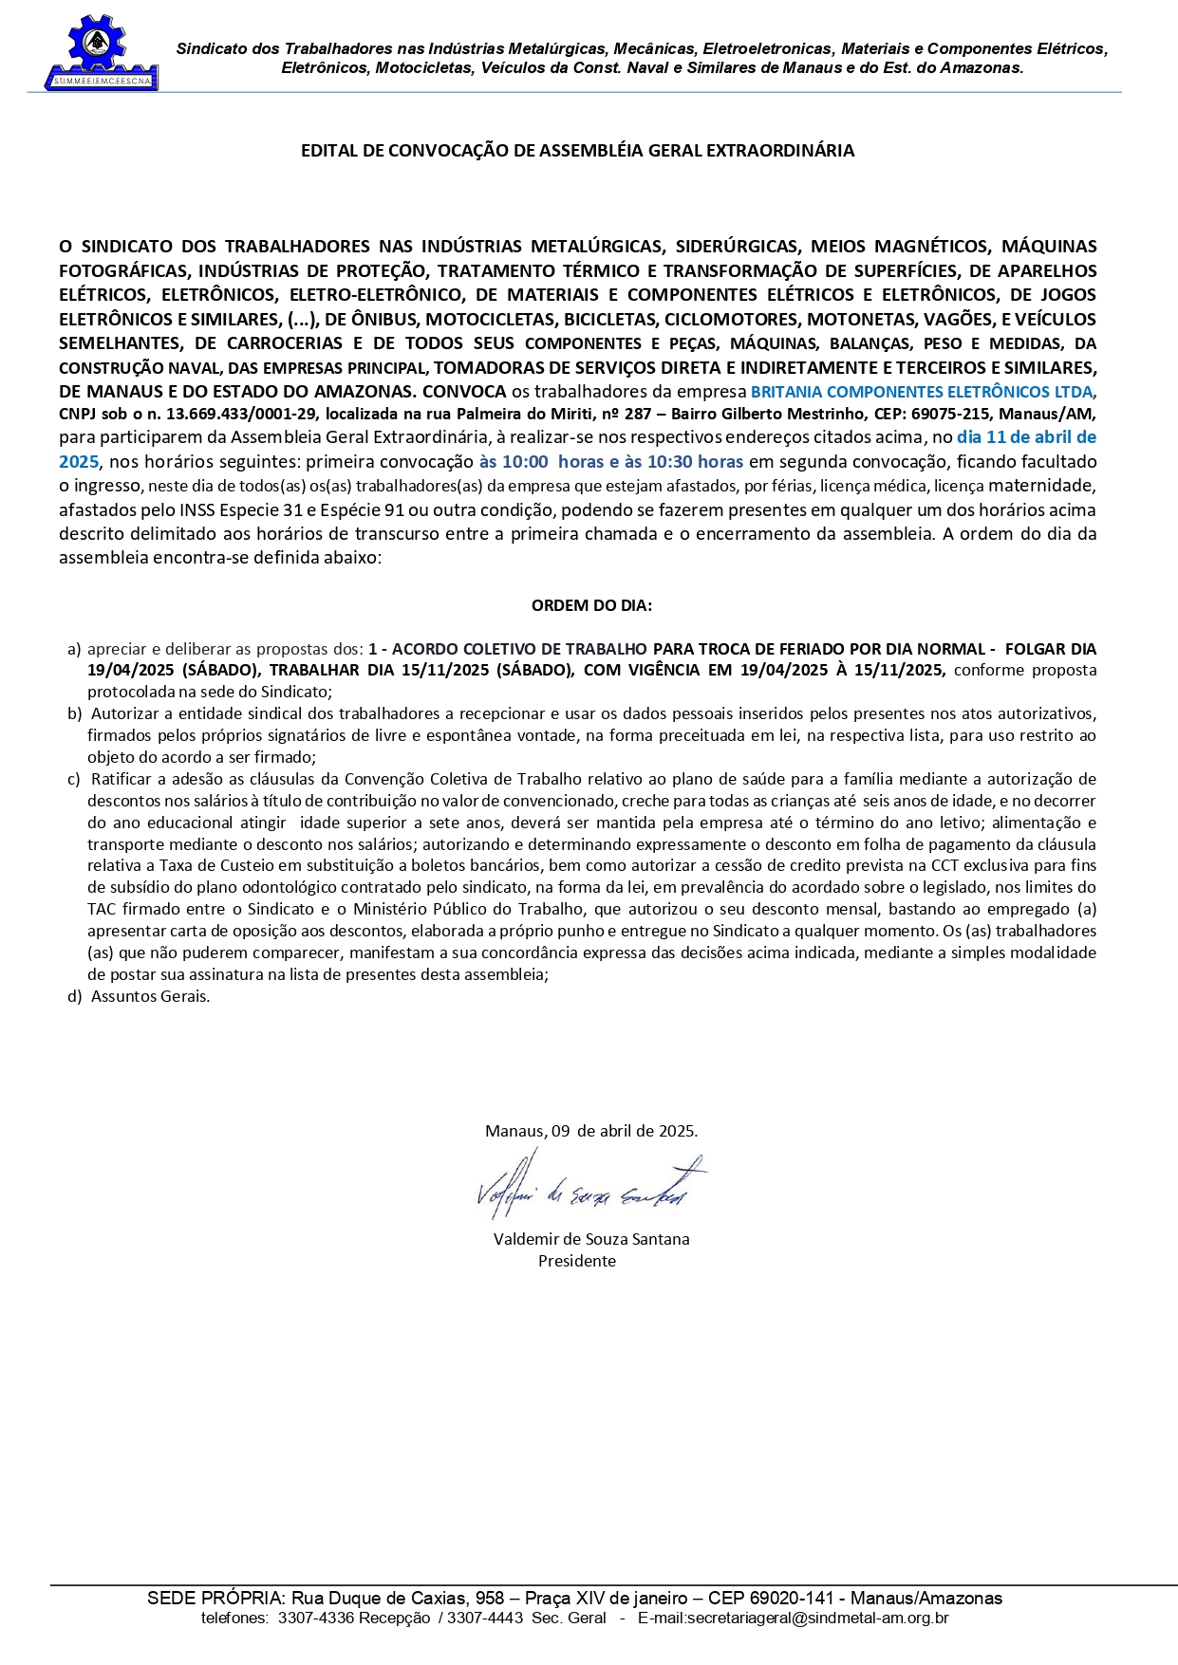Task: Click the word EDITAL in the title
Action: [x=328, y=151]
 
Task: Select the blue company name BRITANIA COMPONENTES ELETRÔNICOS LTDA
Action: [x=922, y=392]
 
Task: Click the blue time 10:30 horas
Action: [x=697, y=462]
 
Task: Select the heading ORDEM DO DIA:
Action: [x=591, y=605]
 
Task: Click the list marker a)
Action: [x=74, y=649]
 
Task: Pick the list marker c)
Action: [x=73, y=779]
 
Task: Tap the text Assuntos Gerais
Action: [x=150, y=996]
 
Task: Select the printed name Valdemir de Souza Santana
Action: [x=591, y=1239]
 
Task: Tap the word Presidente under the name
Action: [x=577, y=1261]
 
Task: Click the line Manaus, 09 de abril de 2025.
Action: [x=591, y=1131]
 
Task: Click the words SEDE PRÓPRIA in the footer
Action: [x=215, y=1599]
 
